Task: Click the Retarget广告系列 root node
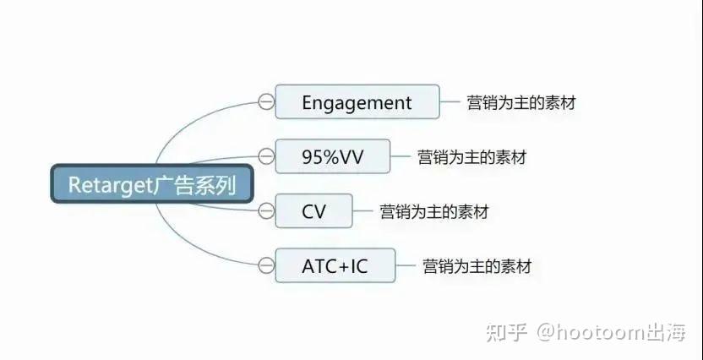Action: coord(152,184)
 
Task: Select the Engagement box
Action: coord(357,101)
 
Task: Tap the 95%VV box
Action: coord(332,156)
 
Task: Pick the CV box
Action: coord(313,210)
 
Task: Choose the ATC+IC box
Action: coord(335,265)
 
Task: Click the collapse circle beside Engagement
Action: coord(266,101)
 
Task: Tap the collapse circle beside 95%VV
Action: coord(266,156)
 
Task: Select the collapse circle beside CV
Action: coord(266,210)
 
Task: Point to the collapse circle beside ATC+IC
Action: coord(266,265)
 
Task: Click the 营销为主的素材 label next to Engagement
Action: coord(520,102)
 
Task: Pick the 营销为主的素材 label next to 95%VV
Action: coord(471,157)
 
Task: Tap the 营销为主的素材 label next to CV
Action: coord(434,211)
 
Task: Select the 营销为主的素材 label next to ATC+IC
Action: coord(477,266)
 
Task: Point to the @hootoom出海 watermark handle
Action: coord(612,333)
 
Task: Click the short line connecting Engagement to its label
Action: coord(450,101)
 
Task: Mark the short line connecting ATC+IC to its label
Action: coord(406,265)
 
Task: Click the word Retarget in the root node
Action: coord(111,184)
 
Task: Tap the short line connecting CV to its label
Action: coord(362,210)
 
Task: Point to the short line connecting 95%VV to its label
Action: coord(401,156)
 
